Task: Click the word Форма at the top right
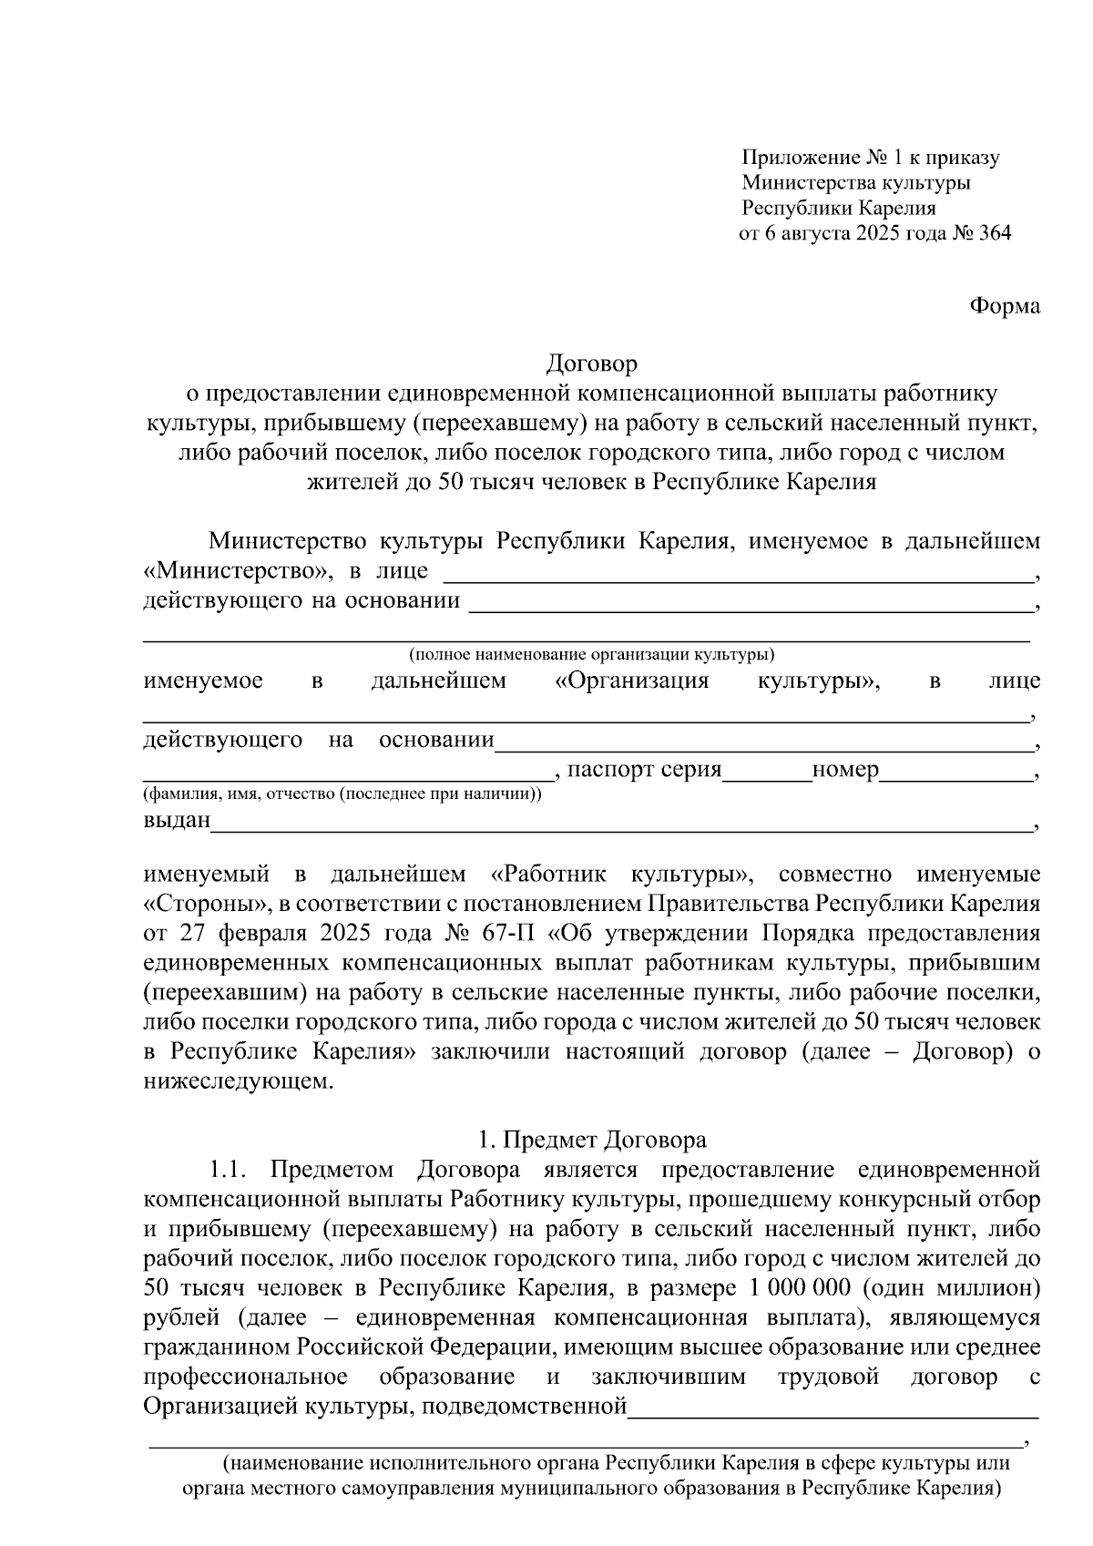click(1004, 306)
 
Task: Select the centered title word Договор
click(592, 363)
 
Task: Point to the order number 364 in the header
click(994, 233)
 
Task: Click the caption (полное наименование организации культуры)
click(592, 654)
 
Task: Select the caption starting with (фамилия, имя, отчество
click(342, 793)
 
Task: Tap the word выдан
click(177, 820)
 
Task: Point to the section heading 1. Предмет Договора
click(592, 1140)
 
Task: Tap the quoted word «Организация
click(631, 681)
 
